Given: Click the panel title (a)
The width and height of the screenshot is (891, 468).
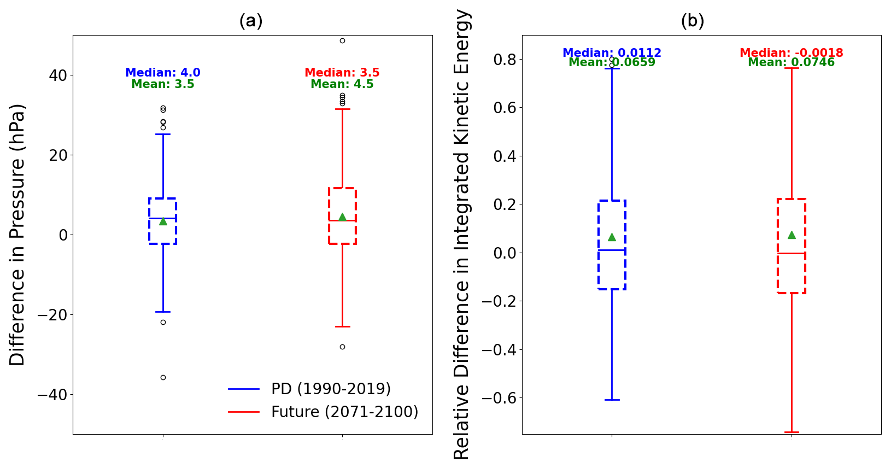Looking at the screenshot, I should tap(251, 21).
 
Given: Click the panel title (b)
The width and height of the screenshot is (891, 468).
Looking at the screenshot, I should tap(692, 21).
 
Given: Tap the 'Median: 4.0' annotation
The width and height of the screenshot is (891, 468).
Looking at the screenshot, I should tap(163, 73).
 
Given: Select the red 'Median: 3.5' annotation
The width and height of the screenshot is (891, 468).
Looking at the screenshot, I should tap(342, 73).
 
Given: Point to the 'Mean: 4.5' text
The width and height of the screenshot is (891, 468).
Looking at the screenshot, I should tap(342, 84).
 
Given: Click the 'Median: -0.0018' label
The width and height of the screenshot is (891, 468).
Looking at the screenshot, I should tap(791, 53).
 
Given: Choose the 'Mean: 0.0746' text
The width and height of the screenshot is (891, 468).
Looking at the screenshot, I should tap(791, 63).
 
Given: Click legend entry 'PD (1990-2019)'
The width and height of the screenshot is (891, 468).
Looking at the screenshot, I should tap(331, 389).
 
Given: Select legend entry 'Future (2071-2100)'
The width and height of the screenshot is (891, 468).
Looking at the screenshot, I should tap(344, 412).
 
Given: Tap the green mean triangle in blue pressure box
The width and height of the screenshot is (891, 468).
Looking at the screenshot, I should tap(163, 221).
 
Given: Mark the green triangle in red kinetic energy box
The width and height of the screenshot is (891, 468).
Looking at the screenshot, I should tap(792, 235).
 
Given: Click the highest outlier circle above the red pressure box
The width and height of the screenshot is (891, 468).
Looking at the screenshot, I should tap(342, 40).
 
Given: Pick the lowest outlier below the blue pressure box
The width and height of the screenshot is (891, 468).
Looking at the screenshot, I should tap(163, 377).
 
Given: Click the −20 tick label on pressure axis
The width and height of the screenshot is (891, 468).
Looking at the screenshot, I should tap(52, 315).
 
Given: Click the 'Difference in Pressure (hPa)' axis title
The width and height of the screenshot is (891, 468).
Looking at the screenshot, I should tap(17, 235).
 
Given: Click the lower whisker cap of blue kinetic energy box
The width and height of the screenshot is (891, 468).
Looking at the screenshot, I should tap(612, 400).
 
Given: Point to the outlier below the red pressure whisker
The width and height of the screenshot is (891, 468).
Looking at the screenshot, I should tap(342, 347).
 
